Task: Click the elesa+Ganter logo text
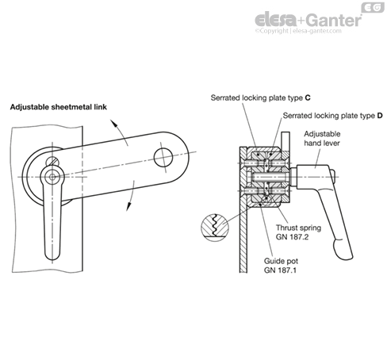tap(308, 20)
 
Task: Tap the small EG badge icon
tap(373, 8)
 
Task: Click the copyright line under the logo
tap(298, 31)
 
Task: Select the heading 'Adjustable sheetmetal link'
tap(59, 107)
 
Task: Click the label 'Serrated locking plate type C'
tap(261, 98)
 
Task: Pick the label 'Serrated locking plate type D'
tap(333, 116)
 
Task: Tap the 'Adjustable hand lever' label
tap(322, 138)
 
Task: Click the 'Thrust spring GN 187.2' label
tap(298, 232)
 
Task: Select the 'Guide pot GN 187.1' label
tap(281, 266)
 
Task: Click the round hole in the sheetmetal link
tap(163, 158)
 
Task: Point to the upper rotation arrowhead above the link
tap(113, 123)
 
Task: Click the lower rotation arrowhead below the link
tap(128, 206)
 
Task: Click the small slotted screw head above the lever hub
tap(52, 161)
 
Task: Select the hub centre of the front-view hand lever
tap(52, 177)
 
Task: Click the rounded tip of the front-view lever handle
tap(52, 255)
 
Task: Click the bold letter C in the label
tap(308, 98)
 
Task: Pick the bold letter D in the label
tap(380, 116)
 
